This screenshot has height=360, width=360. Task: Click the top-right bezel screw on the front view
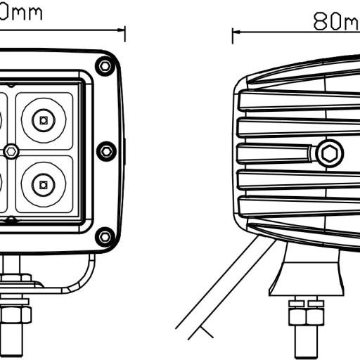[105, 66]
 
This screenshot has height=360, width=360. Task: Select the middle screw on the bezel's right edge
[105, 150]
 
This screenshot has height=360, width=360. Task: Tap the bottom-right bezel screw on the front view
[105, 236]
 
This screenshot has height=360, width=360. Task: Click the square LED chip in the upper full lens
[44, 120]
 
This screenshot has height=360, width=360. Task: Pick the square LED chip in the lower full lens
[44, 186]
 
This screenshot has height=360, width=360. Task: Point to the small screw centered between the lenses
[12, 150]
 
